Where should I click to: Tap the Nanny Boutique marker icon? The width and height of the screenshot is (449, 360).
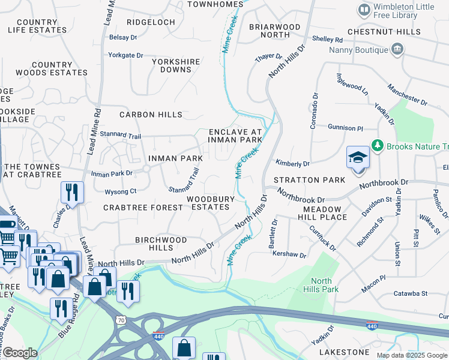[397, 49]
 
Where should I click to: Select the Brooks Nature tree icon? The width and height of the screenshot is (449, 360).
[378, 146]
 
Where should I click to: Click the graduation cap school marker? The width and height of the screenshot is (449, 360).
[358, 158]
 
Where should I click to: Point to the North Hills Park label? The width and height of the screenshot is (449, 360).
[321, 285]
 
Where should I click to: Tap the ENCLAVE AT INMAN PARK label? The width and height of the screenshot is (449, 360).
[235, 136]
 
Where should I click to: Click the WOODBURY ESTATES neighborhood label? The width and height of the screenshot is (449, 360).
[208, 203]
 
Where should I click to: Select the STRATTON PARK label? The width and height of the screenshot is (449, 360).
[309, 180]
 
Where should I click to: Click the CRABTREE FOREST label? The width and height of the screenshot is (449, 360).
[143, 208]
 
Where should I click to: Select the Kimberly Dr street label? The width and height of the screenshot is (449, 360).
[292, 163]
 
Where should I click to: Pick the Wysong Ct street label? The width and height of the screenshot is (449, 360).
[121, 192]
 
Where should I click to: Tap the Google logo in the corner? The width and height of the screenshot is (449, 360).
[19, 353]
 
